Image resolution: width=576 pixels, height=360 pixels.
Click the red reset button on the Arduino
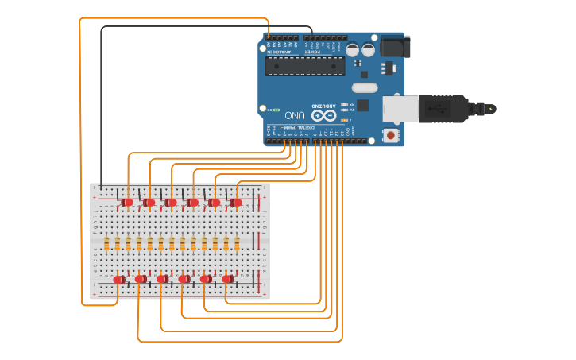(x=391, y=136)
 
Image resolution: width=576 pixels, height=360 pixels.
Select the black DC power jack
(x=394, y=47)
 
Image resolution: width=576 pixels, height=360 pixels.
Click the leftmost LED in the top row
(x=128, y=203)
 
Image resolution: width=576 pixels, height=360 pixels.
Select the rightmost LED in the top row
(x=236, y=203)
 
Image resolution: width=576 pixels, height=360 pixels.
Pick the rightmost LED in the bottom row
(x=227, y=279)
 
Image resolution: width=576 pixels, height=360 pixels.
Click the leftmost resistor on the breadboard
(x=106, y=243)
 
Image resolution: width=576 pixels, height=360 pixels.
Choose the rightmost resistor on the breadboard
(x=236, y=243)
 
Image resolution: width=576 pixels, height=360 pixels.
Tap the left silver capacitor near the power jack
(x=353, y=49)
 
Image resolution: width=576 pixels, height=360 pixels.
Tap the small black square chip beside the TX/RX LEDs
(x=363, y=105)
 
